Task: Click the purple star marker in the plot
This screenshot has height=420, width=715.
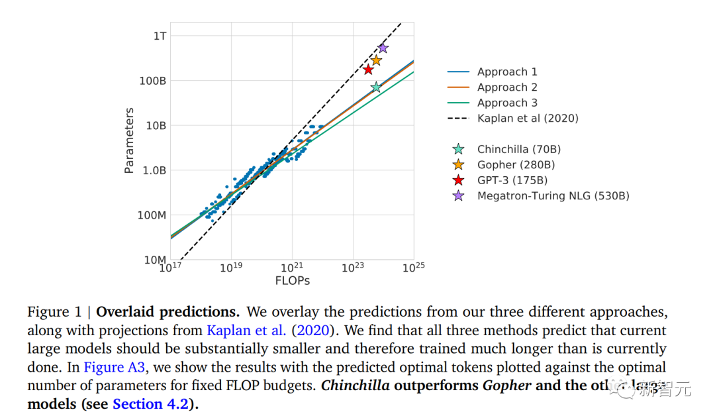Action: point(383,48)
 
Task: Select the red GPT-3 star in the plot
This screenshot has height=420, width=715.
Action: point(369,70)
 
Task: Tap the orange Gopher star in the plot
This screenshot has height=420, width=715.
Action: point(376,60)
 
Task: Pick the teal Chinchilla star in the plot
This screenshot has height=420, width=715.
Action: point(376,87)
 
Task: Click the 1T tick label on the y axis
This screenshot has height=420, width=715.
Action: point(160,36)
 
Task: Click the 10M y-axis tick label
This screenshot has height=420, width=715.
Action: point(156,260)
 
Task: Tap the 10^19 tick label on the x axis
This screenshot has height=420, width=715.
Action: point(231,268)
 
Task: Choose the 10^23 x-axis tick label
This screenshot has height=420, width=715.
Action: point(353,268)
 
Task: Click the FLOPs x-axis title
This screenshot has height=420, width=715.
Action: point(292,281)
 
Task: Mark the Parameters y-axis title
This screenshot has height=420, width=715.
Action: point(130,140)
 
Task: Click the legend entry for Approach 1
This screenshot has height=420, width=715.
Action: point(507,72)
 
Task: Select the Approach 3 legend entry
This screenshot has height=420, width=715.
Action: point(507,103)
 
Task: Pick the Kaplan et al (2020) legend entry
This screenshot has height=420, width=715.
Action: point(528,119)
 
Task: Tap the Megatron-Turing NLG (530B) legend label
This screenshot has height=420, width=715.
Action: point(553,196)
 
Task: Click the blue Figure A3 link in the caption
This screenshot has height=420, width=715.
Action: point(113,367)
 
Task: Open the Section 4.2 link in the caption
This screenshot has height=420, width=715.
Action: point(150,404)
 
